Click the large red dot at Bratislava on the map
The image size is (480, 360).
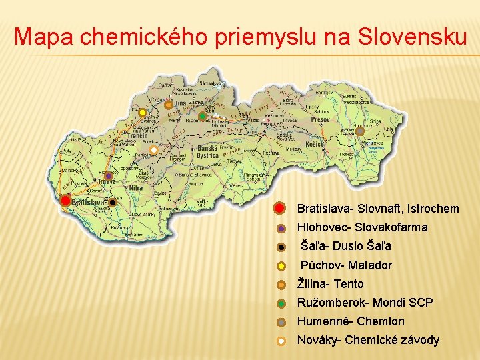pos(65,200)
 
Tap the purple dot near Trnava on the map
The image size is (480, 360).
pos(108,176)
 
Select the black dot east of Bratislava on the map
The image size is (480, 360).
pos(113,202)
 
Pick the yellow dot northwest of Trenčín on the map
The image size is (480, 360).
pos(142,113)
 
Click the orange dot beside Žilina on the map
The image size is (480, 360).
pos(169,105)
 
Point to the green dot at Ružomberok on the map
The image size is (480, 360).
pos(203,117)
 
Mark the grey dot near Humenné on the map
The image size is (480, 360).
pos(360,131)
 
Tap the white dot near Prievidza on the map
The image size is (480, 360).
pos(153,150)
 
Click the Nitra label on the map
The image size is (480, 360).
pos(135,189)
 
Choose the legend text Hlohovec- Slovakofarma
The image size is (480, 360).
pos(362,227)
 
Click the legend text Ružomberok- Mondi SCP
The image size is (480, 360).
pos(365,303)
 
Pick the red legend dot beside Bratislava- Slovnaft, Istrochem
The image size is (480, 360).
pos(281,208)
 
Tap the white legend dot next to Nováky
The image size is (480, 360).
pos(281,341)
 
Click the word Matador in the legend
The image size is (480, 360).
pos(370,265)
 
